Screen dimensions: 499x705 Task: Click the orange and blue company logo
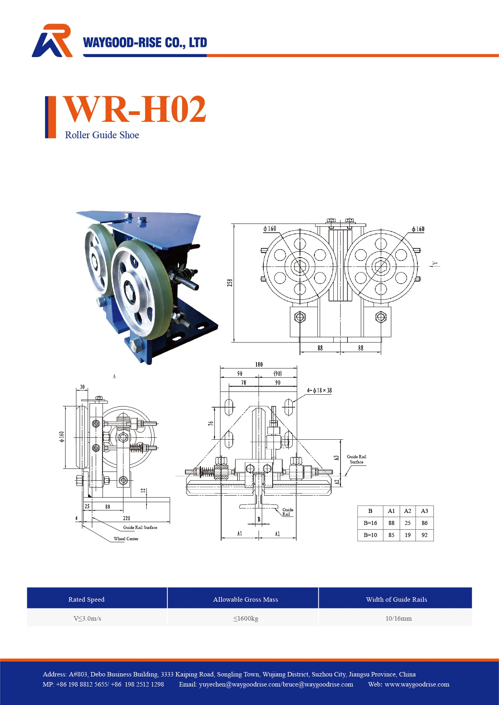click(x=52, y=41)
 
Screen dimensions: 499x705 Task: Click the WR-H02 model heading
click(x=135, y=109)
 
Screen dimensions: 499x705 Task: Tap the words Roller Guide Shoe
click(x=102, y=135)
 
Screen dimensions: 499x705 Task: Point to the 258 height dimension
click(x=230, y=283)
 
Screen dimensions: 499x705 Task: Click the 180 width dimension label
click(x=259, y=365)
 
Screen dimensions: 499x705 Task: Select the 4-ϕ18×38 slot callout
click(x=319, y=390)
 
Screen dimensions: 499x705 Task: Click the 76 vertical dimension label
click(x=211, y=424)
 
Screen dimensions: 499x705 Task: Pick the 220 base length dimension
click(x=127, y=518)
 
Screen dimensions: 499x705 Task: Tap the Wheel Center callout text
click(x=126, y=539)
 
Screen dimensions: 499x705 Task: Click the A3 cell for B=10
click(x=425, y=535)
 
